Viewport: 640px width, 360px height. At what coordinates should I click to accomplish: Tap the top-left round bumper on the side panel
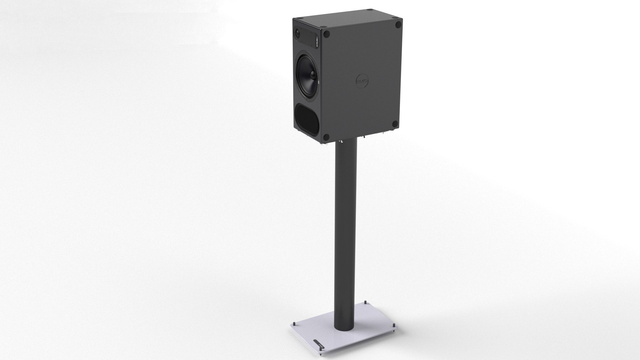tap(327, 34)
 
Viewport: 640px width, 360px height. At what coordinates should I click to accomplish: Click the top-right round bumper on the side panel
tap(398, 25)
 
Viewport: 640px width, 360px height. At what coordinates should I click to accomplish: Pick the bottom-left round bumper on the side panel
tap(327, 137)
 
